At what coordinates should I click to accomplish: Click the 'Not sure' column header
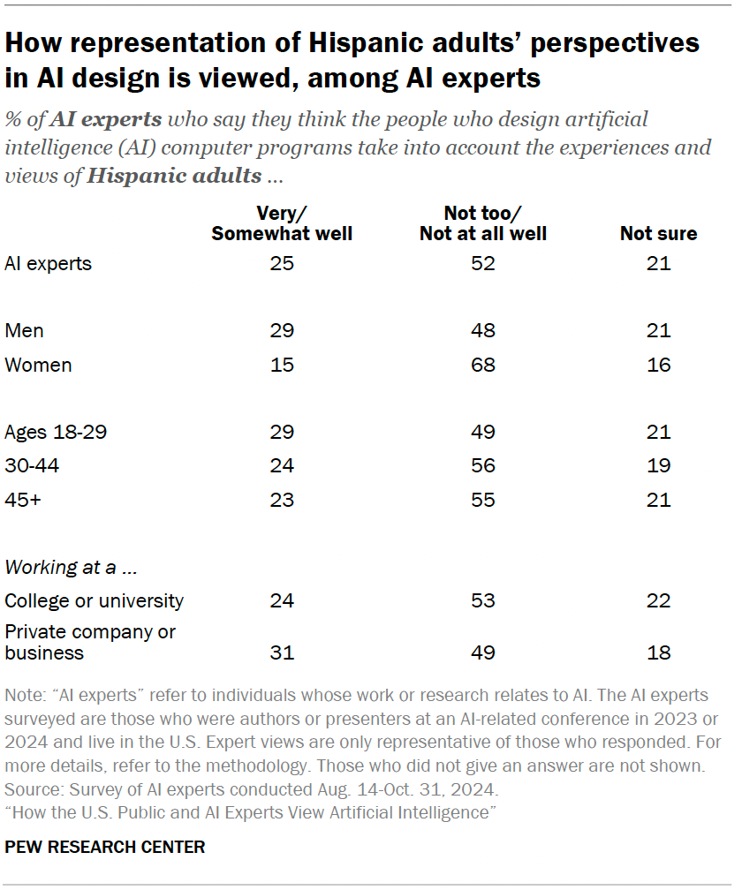(x=658, y=233)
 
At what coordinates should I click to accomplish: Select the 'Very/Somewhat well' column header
(x=282, y=223)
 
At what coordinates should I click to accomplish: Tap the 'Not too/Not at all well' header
(x=483, y=223)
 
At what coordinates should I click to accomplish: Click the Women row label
(x=38, y=365)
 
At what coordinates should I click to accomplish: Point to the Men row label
(x=24, y=331)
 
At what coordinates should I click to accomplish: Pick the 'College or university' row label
(x=94, y=600)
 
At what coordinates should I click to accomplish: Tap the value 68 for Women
(x=483, y=365)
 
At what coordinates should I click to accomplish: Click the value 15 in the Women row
(x=282, y=365)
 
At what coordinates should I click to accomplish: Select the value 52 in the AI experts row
(x=483, y=263)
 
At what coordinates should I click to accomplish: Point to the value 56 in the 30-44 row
(x=483, y=466)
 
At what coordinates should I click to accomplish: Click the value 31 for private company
(x=282, y=653)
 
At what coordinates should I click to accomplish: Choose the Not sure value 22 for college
(x=658, y=600)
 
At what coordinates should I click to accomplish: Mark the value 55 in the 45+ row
(x=483, y=500)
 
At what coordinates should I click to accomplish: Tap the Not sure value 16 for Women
(x=658, y=365)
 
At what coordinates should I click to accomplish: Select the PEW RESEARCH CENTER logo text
(x=105, y=847)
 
